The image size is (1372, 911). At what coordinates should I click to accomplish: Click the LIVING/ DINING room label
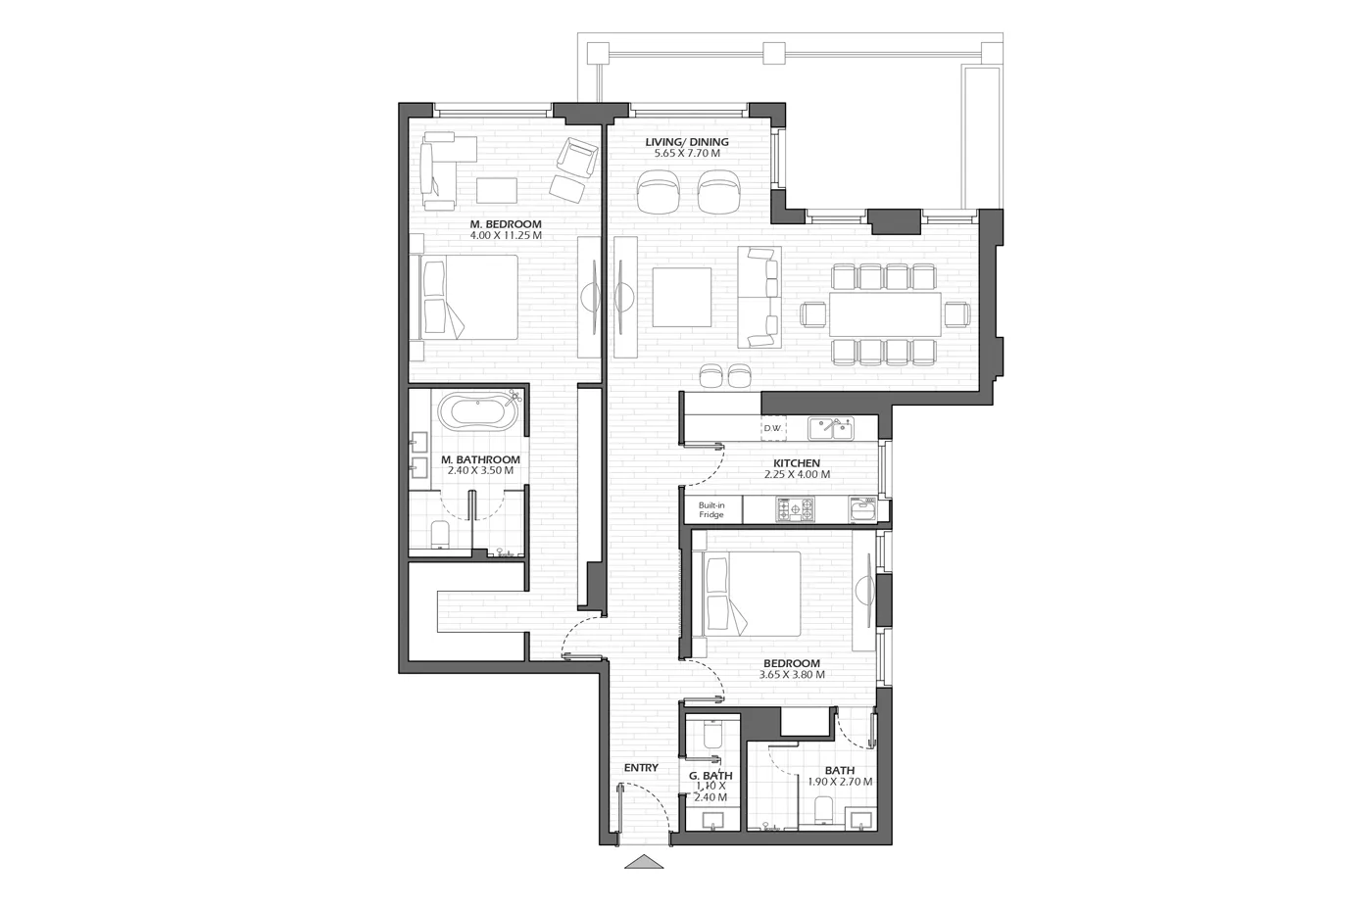coord(687,142)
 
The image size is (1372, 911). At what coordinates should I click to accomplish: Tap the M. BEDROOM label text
coord(506,224)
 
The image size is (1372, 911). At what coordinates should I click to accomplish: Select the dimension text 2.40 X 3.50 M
coord(480,470)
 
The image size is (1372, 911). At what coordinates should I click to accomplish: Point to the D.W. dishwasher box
coord(773,428)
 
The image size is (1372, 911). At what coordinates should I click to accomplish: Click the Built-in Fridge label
coord(711,510)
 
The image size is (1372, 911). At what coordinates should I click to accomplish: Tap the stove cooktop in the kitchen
coord(796,509)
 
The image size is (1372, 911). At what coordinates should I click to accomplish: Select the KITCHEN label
coord(796,463)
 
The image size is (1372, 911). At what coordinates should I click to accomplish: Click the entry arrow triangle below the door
coord(644,862)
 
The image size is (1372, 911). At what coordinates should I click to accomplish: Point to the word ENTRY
coord(641,768)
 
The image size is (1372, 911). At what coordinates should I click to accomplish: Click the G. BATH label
coord(710,776)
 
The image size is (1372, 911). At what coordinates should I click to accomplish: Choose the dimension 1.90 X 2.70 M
coord(840,782)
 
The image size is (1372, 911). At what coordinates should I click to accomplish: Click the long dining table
coord(885,314)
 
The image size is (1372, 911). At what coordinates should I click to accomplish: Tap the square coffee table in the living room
coord(682,297)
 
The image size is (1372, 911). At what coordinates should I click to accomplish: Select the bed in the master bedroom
coord(468,297)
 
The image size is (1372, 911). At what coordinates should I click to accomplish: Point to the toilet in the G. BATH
coord(712,734)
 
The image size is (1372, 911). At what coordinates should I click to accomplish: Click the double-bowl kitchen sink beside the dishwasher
coord(831,429)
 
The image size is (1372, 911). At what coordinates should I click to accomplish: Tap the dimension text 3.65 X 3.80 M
coord(792,675)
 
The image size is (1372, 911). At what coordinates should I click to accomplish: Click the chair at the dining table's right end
coord(956,314)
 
